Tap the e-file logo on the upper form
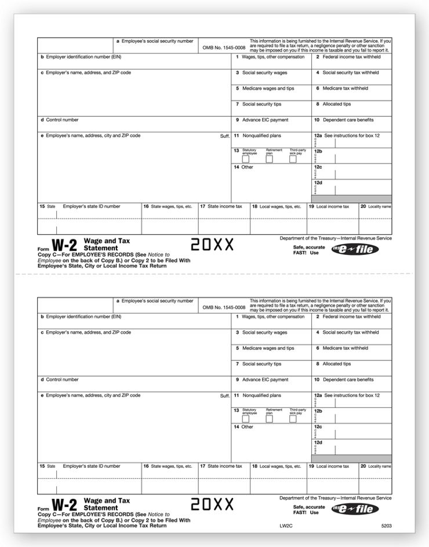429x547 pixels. coord(355,250)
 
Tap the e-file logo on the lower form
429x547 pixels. coord(355,509)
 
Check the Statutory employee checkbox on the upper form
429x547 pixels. coord(246,159)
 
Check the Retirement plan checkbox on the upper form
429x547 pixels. coord(270,159)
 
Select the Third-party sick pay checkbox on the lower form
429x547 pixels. coord(293,419)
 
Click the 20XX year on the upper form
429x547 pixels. coord(212,245)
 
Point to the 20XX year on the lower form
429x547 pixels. coord(212,505)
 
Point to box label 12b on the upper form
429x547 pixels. coord(318,151)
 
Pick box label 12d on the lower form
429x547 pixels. coord(318,443)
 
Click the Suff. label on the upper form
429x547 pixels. coord(225,136)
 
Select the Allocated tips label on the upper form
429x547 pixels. coord(336,104)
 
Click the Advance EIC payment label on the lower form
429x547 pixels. coord(265,380)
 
